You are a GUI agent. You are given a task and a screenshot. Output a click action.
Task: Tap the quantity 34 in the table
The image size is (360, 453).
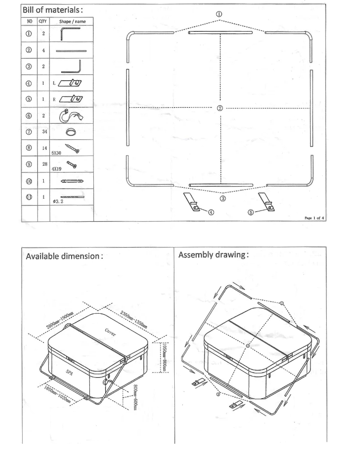[43, 131]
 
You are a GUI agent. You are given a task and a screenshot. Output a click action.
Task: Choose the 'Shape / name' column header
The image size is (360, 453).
[73, 21]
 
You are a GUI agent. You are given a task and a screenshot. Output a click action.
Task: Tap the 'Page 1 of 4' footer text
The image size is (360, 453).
[314, 217]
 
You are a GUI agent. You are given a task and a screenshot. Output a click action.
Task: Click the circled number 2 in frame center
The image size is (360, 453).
[220, 108]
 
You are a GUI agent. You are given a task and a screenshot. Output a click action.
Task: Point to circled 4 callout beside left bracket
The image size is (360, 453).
[211, 212]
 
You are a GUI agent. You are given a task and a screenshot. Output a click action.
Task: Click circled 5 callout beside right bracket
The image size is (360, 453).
[251, 212]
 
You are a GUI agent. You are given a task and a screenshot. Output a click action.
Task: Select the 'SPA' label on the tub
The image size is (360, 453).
[69, 372]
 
